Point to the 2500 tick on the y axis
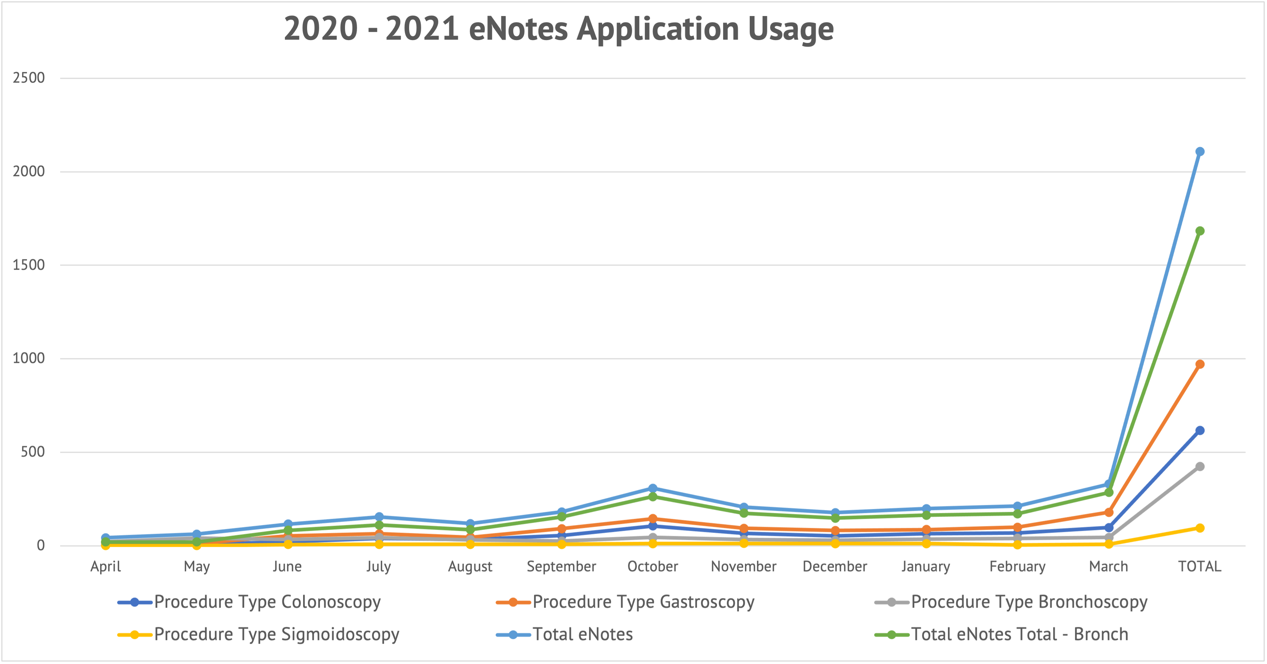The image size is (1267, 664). pyautogui.click(x=28, y=78)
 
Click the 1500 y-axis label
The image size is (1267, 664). pyautogui.click(x=28, y=265)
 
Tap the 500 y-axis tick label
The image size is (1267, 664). pyautogui.click(x=32, y=452)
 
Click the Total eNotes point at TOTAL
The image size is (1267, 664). pyautogui.click(x=1200, y=151)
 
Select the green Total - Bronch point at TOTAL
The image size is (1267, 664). pyautogui.click(x=1200, y=231)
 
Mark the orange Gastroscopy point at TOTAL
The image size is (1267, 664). pyautogui.click(x=1200, y=364)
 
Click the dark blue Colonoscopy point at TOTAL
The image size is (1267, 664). pyautogui.click(x=1200, y=431)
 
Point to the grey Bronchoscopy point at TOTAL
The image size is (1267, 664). pyautogui.click(x=1200, y=466)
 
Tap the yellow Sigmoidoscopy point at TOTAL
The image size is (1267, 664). pyautogui.click(x=1200, y=528)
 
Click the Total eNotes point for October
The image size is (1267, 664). pyautogui.click(x=653, y=488)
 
